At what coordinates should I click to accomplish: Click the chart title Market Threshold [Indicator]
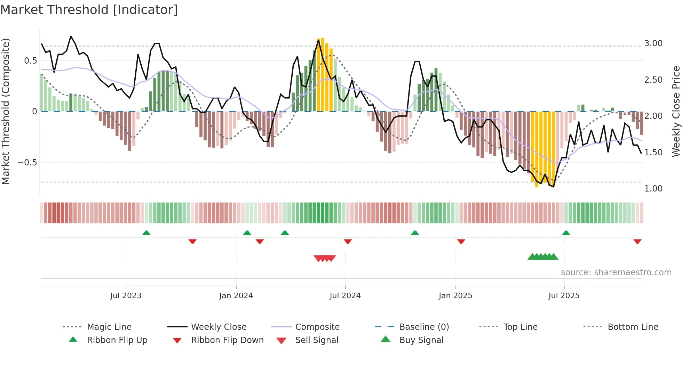click(x=89, y=10)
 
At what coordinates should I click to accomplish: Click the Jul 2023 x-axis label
click(x=126, y=296)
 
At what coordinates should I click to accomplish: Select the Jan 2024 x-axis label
click(x=236, y=296)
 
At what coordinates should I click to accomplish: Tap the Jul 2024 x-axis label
click(x=345, y=296)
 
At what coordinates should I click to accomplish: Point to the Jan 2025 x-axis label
click(x=455, y=296)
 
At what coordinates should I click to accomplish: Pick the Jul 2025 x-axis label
click(x=564, y=296)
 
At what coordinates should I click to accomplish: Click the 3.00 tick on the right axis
click(x=653, y=43)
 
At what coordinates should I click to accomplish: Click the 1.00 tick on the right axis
click(x=653, y=189)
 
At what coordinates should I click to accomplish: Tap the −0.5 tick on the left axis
click(x=27, y=163)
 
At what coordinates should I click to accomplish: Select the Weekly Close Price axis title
click(x=676, y=111)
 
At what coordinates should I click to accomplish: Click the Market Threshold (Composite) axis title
click(x=6, y=111)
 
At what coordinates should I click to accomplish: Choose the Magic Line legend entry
click(x=109, y=327)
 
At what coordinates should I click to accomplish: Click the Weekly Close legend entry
click(x=219, y=327)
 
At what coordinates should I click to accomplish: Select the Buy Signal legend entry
click(x=421, y=340)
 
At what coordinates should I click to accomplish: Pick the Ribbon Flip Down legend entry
click(x=227, y=340)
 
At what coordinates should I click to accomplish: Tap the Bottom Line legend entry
click(x=633, y=327)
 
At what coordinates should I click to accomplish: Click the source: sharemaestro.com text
click(x=616, y=272)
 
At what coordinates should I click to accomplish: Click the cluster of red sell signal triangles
click(x=325, y=258)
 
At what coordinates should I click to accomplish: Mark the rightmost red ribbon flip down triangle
click(x=637, y=241)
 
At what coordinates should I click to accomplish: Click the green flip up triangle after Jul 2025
click(x=566, y=233)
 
